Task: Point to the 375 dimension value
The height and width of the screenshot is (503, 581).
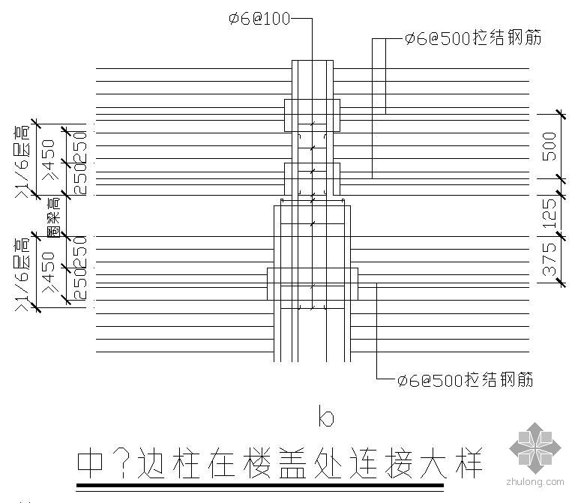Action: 551,259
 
